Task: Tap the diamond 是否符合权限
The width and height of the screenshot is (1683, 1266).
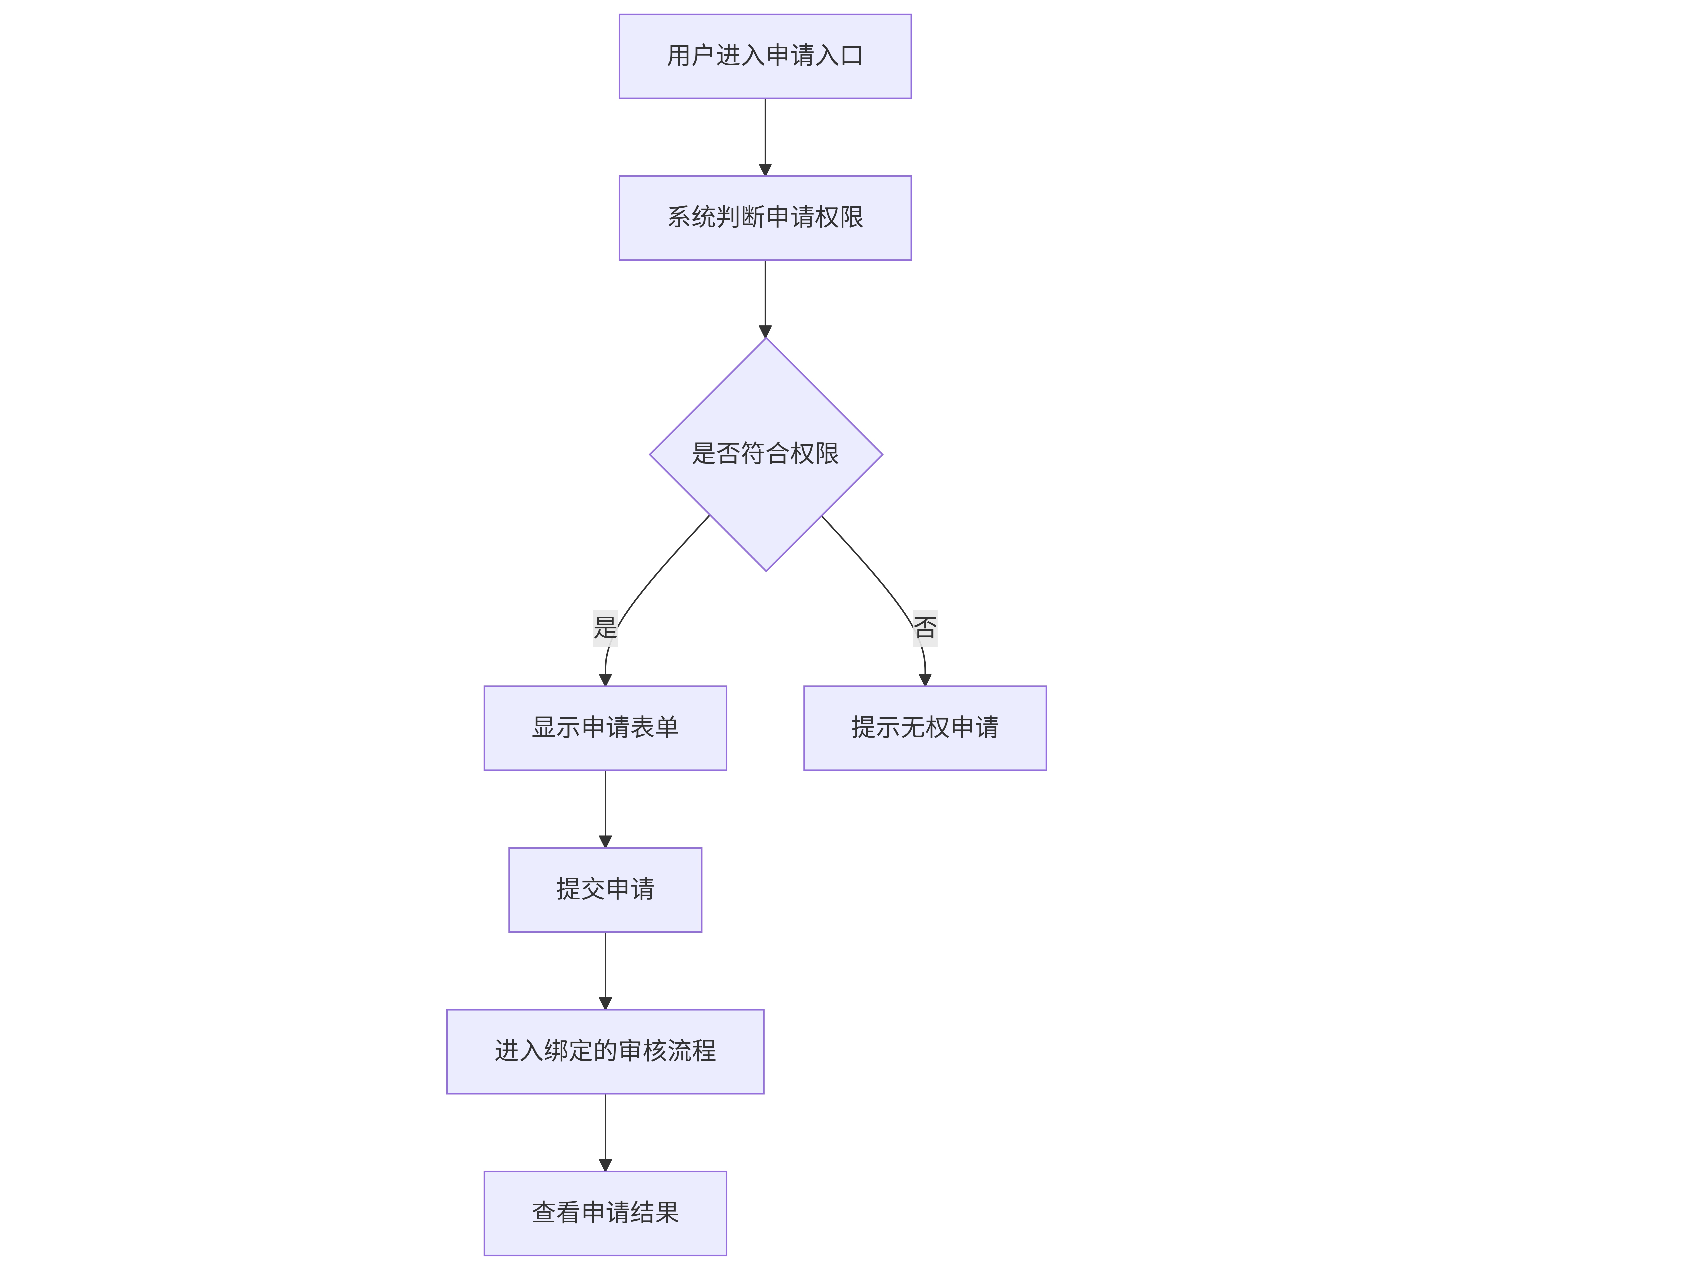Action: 765,455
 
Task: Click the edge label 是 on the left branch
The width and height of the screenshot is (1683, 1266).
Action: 605,628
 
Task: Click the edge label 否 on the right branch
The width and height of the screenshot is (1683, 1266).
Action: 925,628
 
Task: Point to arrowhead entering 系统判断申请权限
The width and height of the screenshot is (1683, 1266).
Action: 765,170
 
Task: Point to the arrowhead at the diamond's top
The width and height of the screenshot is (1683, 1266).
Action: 765,332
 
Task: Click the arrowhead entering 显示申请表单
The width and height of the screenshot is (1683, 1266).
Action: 606,680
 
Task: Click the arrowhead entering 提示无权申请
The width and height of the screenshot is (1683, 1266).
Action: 925,680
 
